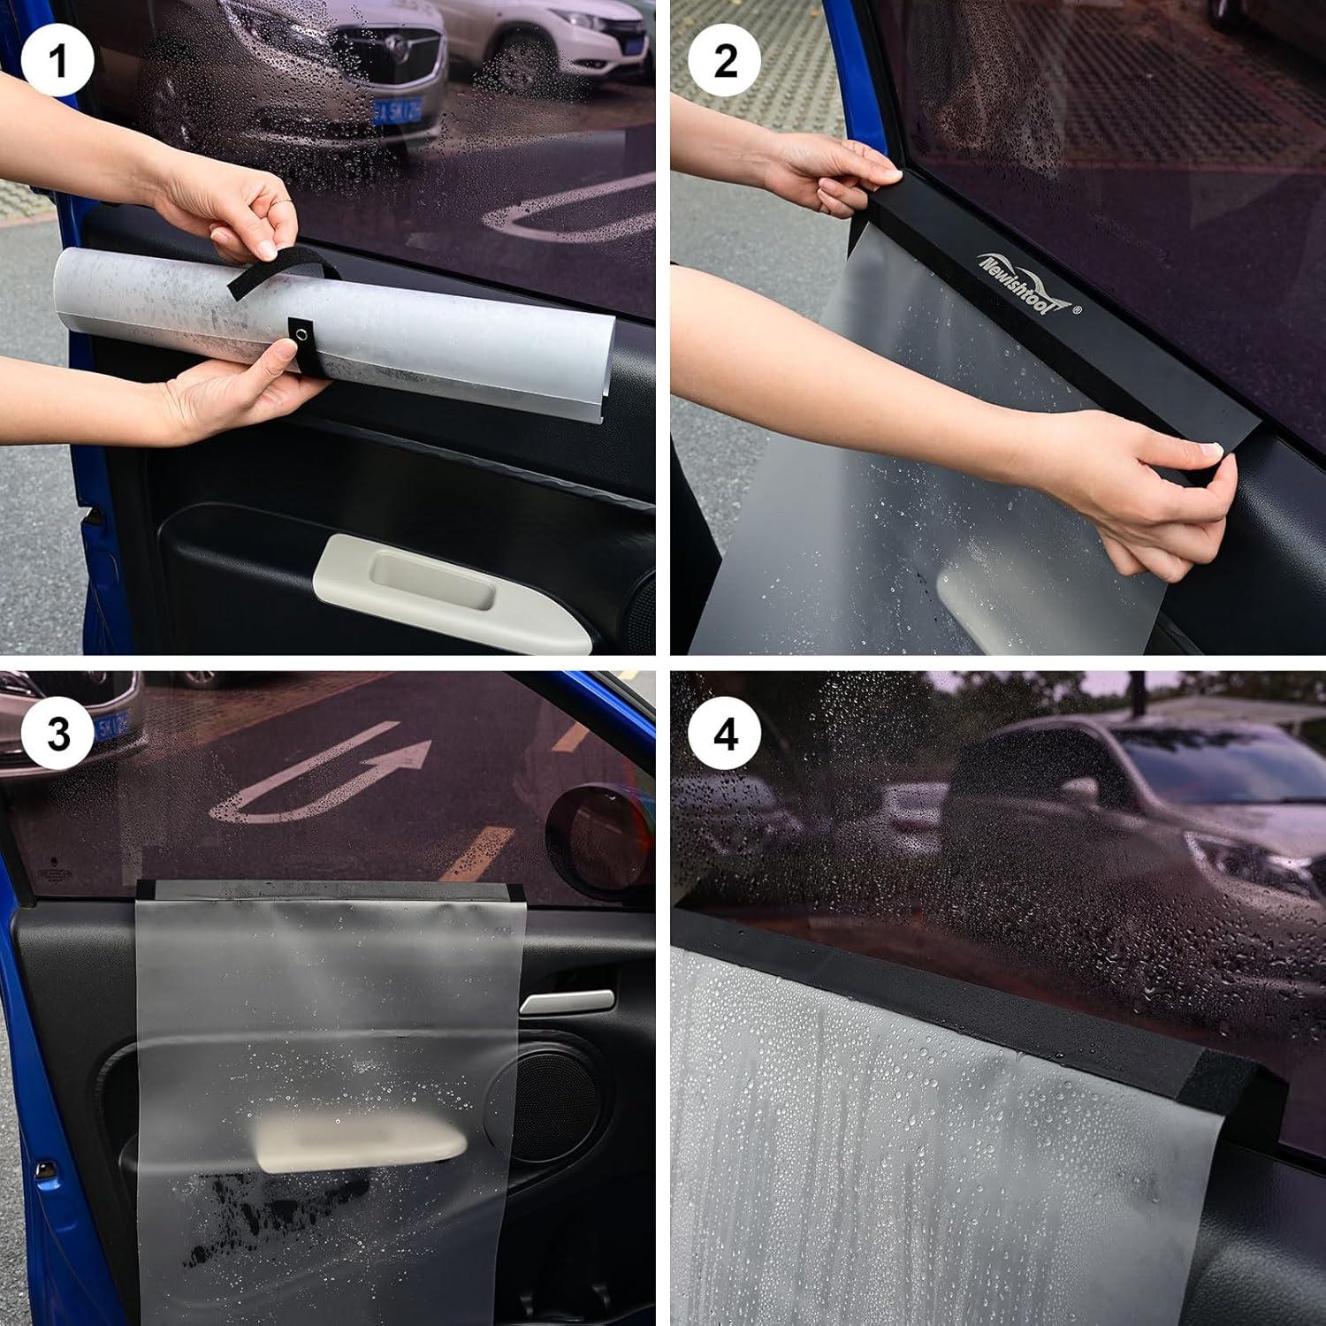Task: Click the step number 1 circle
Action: coord(57,61)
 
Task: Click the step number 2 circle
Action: coord(725,61)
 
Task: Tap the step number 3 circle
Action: coord(57,734)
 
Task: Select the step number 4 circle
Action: coord(725,734)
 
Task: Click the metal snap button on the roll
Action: coord(303,333)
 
